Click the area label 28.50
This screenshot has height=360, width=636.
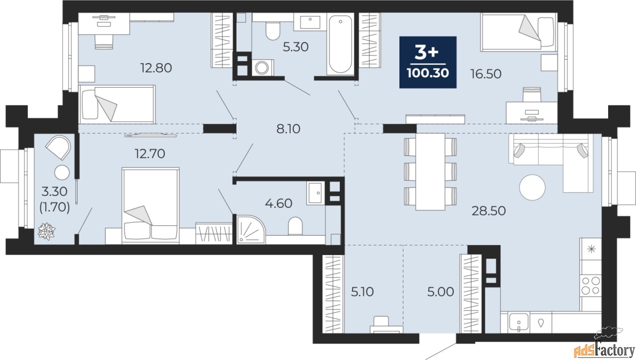[488, 211]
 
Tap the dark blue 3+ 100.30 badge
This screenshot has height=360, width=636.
[428, 62]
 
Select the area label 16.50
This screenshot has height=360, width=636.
[485, 74]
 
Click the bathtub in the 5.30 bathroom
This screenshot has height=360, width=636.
[340, 44]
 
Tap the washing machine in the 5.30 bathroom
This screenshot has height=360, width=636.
[261, 68]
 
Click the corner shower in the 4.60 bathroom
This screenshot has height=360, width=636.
[251, 229]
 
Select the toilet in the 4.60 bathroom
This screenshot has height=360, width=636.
[296, 226]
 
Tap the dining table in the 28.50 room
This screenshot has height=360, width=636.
[430, 172]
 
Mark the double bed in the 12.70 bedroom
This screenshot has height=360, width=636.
[151, 204]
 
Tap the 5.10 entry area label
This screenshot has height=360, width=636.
[361, 291]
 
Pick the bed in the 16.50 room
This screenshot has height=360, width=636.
[517, 32]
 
